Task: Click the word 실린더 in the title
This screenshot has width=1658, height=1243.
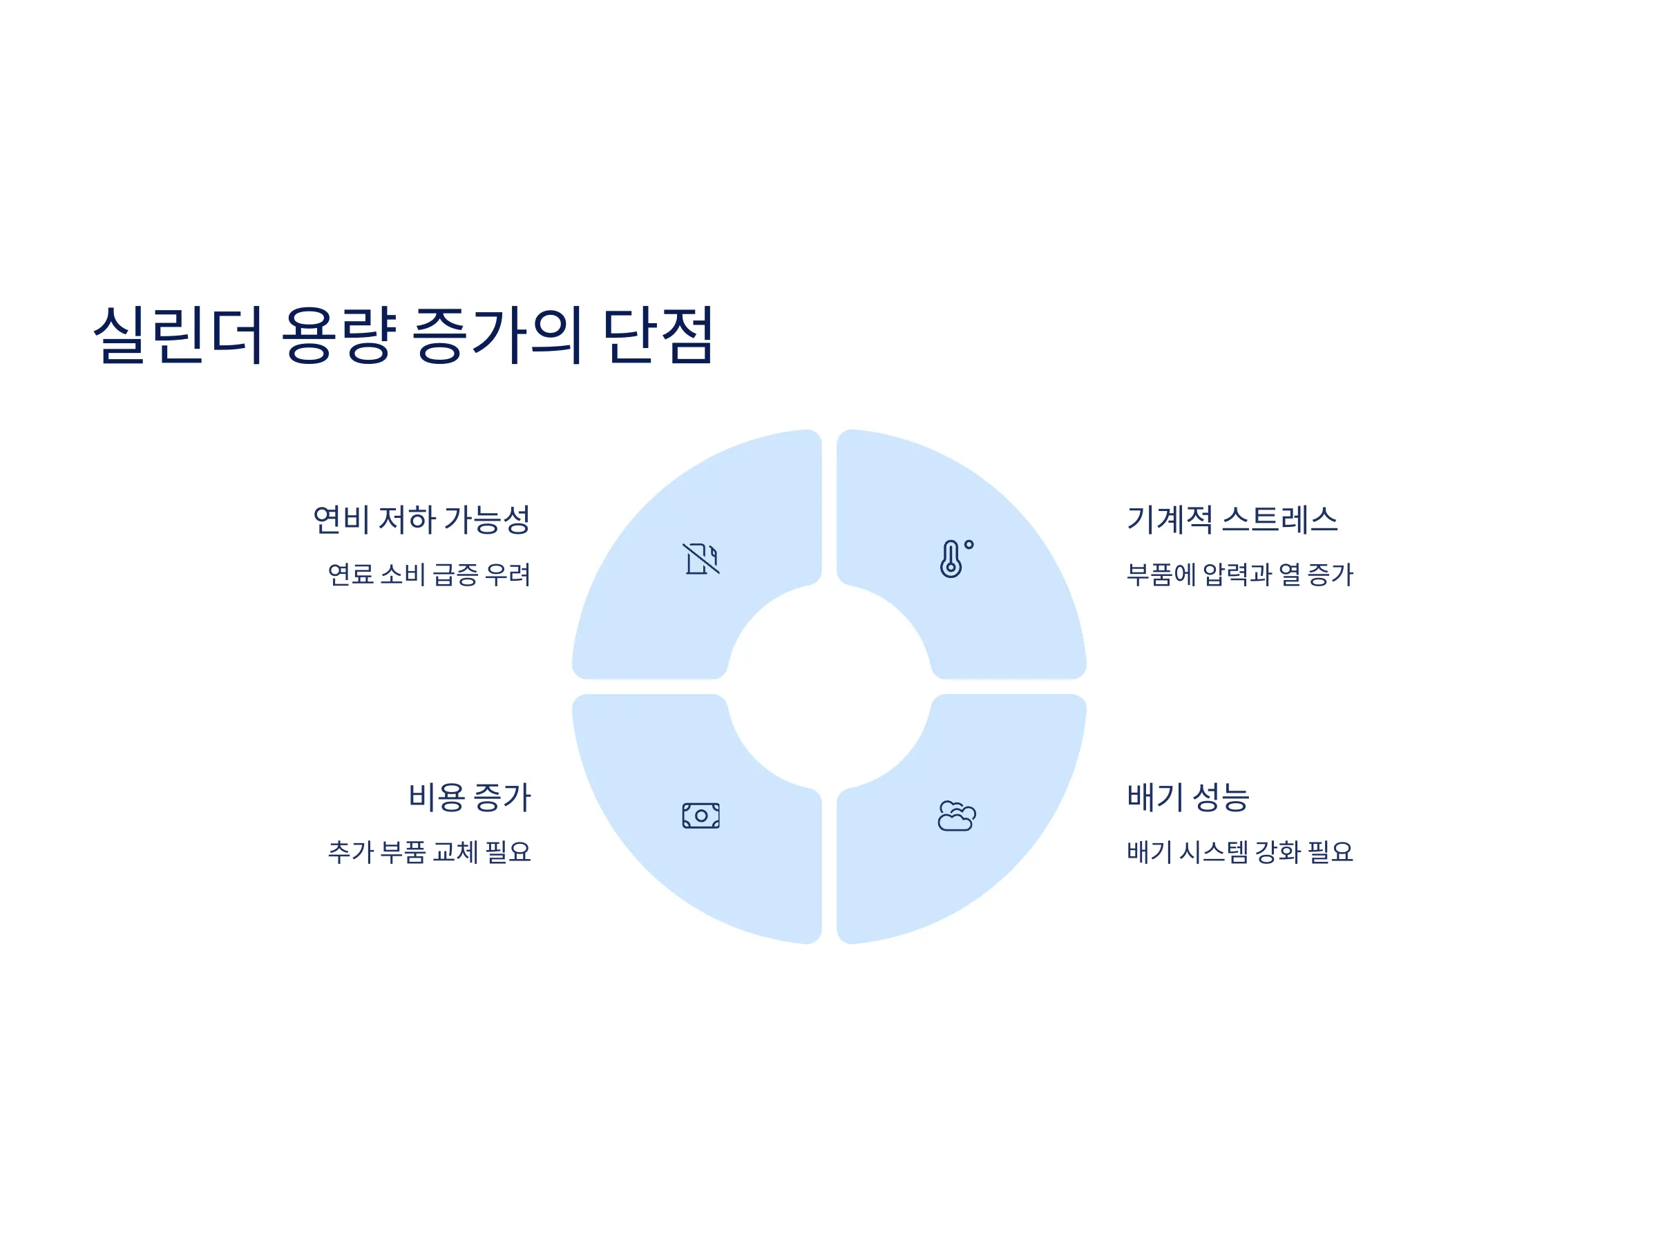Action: click(x=177, y=335)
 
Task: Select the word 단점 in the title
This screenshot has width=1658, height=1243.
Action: click(x=658, y=335)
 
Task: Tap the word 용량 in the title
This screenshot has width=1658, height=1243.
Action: click(x=338, y=335)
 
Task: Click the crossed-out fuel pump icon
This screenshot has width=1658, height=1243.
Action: click(x=701, y=559)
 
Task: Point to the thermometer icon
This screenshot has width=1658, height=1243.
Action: click(x=955, y=559)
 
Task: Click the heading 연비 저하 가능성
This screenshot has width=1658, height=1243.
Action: click(x=421, y=520)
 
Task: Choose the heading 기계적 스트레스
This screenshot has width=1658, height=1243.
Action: click(x=1232, y=520)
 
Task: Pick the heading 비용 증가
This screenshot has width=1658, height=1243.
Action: click(x=469, y=797)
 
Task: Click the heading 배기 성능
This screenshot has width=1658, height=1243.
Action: click(x=1188, y=797)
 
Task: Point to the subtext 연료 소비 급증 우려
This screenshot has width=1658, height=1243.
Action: click(x=430, y=575)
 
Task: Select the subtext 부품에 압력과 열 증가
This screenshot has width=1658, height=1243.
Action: click(x=1240, y=575)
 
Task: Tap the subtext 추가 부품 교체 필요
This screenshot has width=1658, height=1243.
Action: click(x=430, y=852)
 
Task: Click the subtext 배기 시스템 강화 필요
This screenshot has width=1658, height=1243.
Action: click(x=1240, y=852)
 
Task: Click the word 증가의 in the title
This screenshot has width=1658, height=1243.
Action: click(x=497, y=335)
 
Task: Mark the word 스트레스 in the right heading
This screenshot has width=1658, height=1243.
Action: click(x=1279, y=520)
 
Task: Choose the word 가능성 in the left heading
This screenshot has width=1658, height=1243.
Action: click(x=487, y=520)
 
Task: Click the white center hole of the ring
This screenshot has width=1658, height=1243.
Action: click(x=829, y=686)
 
